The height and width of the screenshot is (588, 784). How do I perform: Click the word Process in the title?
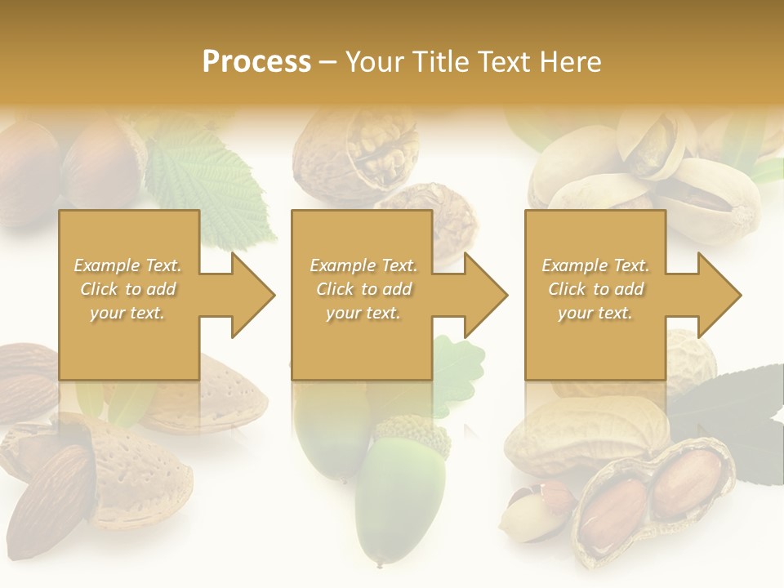point(256,62)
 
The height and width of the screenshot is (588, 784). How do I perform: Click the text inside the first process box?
point(128,289)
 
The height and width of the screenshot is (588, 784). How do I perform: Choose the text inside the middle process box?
point(363,289)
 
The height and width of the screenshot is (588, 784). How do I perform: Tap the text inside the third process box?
point(595,289)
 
